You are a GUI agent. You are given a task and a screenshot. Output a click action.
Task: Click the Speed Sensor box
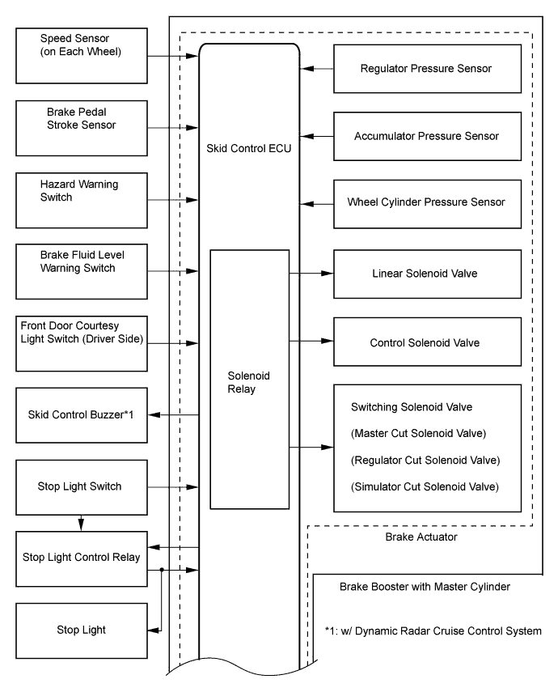click(82, 56)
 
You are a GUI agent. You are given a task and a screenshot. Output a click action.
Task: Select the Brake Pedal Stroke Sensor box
click(82, 128)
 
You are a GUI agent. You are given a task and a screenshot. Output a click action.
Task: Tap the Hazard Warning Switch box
click(82, 201)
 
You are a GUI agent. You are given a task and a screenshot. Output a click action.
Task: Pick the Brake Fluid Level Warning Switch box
click(82, 271)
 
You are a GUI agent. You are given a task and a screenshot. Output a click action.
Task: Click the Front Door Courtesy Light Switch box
click(82, 343)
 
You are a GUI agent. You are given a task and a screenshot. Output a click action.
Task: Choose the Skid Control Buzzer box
click(82, 415)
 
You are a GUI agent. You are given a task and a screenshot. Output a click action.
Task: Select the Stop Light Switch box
click(82, 487)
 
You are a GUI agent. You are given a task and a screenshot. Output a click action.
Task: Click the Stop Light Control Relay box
click(82, 558)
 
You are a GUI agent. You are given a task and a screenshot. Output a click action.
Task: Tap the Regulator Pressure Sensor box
click(427, 69)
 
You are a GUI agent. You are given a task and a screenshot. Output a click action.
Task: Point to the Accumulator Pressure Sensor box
click(427, 136)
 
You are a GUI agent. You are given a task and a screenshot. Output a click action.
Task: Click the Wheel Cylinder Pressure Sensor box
click(427, 204)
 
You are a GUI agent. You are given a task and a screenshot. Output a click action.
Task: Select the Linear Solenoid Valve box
click(427, 274)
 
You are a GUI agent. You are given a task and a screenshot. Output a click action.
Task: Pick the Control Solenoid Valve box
click(427, 342)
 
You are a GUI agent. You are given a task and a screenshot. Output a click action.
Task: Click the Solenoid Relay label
click(248, 382)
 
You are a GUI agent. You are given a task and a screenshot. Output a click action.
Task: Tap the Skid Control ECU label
click(249, 148)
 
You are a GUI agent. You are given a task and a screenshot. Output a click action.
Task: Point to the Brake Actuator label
click(421, 537)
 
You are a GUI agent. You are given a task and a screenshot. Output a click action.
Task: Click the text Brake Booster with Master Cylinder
click(425, 587)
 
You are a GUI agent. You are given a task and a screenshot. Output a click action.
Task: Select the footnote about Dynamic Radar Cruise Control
click(433, 631)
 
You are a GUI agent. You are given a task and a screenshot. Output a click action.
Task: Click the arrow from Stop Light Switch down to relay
click(81, 523)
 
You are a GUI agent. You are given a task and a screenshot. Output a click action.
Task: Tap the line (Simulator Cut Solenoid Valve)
click(425, 486)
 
